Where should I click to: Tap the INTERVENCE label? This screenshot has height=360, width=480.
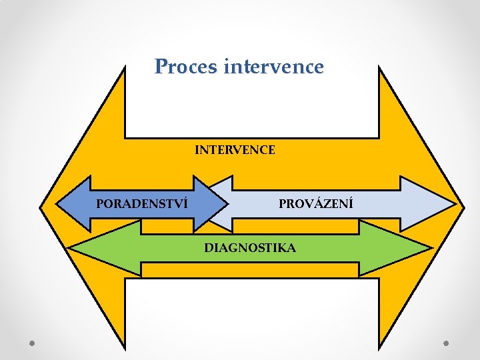pyautogui.click(x=235, y=150)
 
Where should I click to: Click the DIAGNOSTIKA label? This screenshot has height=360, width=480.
pyautogui.click(x=250, y=248)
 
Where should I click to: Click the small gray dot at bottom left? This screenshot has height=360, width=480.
pyautogui.click(x=32, y=343)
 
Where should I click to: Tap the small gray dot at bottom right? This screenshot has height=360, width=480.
pyautogui.click(x=447, y=343)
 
